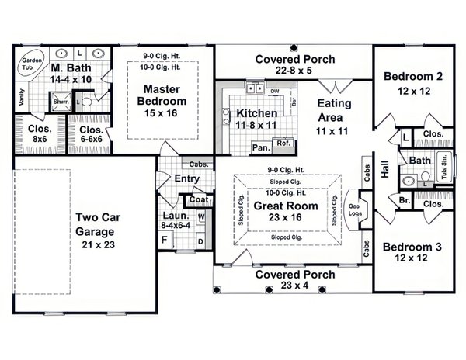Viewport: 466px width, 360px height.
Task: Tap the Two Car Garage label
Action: tap(96, 225)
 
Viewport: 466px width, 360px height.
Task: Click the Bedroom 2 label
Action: tap(412, 82)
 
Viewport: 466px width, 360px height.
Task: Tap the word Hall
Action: tap(385, 170)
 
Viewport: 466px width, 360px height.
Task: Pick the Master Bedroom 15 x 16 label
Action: tap(162, 100)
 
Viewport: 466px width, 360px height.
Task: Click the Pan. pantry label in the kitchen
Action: tap(260, 147)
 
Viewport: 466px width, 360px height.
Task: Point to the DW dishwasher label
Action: tap(276, 92)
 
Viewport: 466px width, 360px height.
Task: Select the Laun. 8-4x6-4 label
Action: tap(176, 220)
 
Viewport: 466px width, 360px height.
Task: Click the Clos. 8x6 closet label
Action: tap(39, 133)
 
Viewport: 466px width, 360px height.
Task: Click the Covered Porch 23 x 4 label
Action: tap(294, 281)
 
